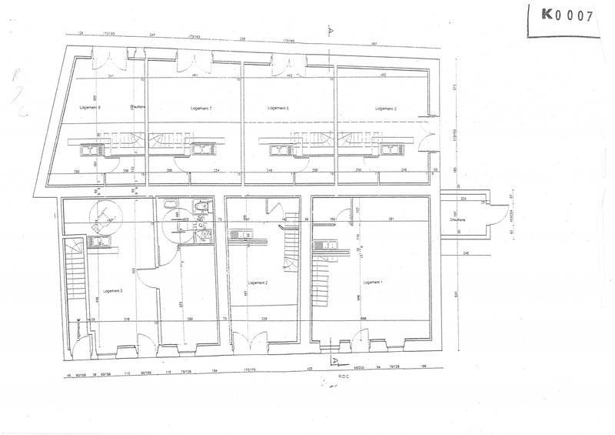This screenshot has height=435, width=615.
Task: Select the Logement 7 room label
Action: click(200, 109)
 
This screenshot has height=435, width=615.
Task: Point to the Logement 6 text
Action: click(277, 109)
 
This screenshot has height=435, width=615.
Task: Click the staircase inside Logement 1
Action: click(321, 281)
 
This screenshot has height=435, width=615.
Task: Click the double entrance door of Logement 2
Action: click(250, 339)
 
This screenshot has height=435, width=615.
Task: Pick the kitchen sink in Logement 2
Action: click(241, 233)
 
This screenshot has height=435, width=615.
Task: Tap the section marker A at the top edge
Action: click(328, 33)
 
